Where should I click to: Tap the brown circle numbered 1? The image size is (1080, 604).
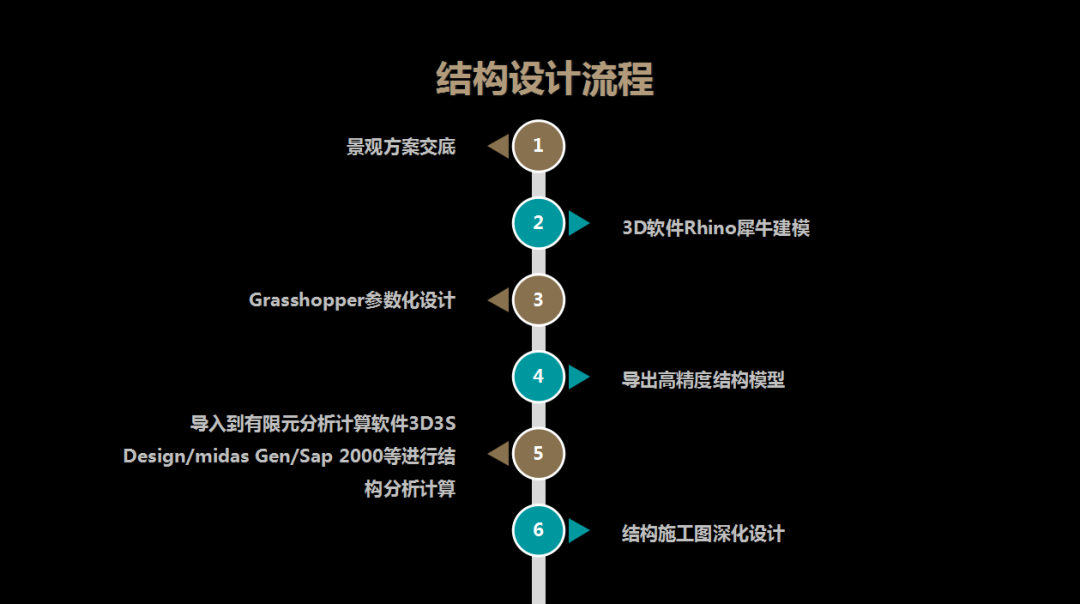click(x=538, y=146)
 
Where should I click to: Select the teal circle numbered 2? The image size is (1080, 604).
click(x=538, y=223)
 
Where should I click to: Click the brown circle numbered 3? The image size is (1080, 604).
click(x=538, y=299)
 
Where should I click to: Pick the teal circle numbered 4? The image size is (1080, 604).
click(x=538, y=377)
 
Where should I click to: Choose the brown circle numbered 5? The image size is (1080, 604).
click(x=538, y=454)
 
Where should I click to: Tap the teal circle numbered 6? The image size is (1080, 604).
click(x=538, y=530)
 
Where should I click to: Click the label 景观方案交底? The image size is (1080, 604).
click(x=401, y=147)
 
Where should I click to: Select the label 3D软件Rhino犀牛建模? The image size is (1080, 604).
click(x=716, y=228)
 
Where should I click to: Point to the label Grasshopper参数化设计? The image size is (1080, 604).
click(x=352, y=300)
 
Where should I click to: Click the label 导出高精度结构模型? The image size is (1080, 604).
click(x=703, y=380)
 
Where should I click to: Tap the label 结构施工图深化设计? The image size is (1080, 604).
click(x=703, y=533)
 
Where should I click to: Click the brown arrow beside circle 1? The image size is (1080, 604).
click(x=498, y=147)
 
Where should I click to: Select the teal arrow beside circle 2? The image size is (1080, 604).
click(x=578, y=223)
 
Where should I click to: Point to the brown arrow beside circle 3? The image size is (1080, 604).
click(x=498, y=300)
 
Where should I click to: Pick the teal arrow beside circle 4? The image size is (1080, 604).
click(x=578, y=377)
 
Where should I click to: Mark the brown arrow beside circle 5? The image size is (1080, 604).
click(x=498, y=454)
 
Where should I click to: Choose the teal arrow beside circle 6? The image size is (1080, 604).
click(x=578, y=530)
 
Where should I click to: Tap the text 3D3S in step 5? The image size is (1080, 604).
click(x=432, y=423)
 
